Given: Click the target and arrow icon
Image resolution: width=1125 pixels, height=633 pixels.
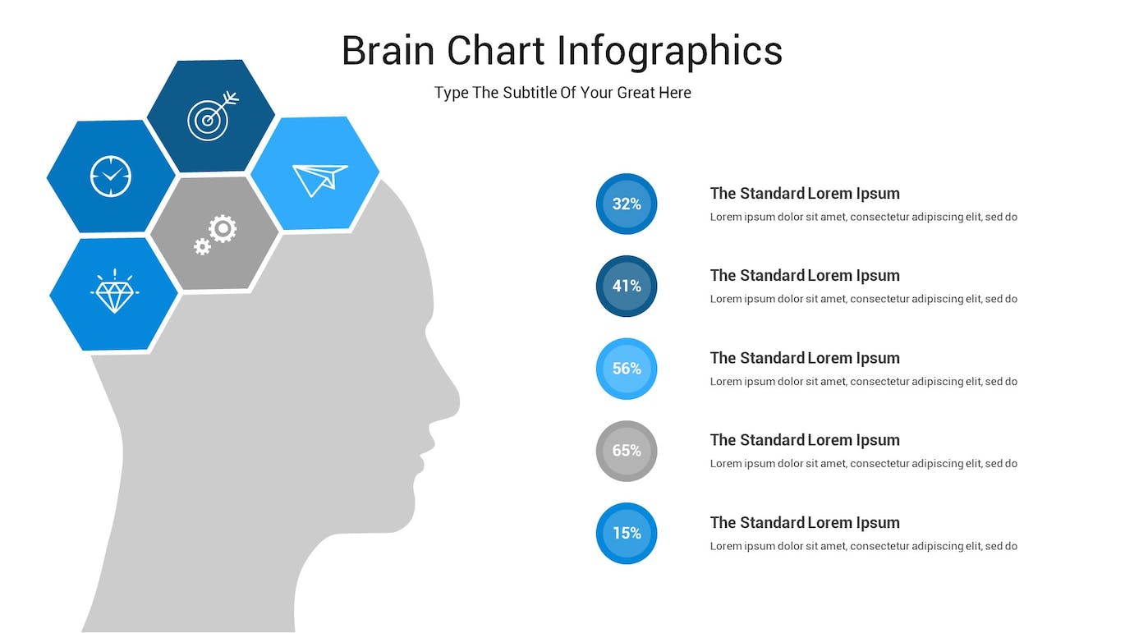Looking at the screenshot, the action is (x=210, y=117).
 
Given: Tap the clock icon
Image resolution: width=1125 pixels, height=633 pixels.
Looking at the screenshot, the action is (x=111, y=177).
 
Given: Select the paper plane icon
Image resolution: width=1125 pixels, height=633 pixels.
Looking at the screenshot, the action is (x=319, y=179).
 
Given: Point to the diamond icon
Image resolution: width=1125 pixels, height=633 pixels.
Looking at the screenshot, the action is (x=114, y=291).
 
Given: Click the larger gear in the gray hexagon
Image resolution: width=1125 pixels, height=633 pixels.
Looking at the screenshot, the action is (x=223, y=229).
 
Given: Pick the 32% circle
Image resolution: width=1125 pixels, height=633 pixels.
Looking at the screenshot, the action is (x=627, y=204).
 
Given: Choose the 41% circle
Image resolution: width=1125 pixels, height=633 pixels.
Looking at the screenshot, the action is (x=627, y=287).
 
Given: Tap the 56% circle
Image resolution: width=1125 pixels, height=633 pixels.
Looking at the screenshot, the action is (x=627, y=369).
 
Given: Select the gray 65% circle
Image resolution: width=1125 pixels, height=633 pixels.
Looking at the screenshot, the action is (x=627, y=451).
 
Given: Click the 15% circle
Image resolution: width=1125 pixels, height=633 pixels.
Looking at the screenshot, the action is (x=627, y=533).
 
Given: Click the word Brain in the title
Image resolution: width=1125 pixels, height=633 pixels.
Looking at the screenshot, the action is (x=388, y=51).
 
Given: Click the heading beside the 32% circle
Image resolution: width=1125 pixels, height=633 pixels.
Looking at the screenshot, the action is (x=805, y=193).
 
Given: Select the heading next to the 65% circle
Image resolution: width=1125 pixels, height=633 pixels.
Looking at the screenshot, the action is (x=805, y=440).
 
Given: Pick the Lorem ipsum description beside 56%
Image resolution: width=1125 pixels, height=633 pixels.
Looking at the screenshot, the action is (x=863, y=382).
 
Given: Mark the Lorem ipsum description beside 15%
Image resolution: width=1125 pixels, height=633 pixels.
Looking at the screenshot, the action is (x=863, y=546).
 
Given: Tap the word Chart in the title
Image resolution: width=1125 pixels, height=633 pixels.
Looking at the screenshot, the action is (x=496, y=51).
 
